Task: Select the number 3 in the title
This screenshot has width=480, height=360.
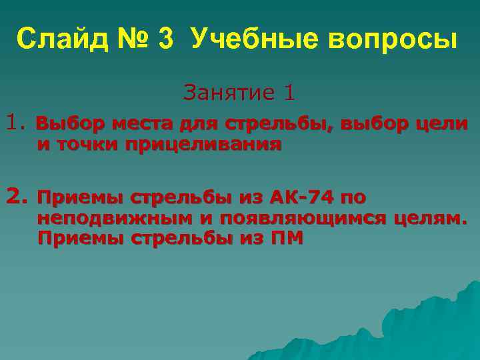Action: click(x=166, y=40)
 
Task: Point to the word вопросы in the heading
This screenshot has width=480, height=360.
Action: click(x=392, y=41)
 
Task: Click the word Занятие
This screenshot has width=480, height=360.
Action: click(x=227, y=93)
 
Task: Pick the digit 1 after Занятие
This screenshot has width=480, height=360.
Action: click(x=289, y=93)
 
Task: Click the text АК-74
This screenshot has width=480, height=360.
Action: click(x=300, y=198)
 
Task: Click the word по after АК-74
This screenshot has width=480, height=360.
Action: click(x=353, y=198)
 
